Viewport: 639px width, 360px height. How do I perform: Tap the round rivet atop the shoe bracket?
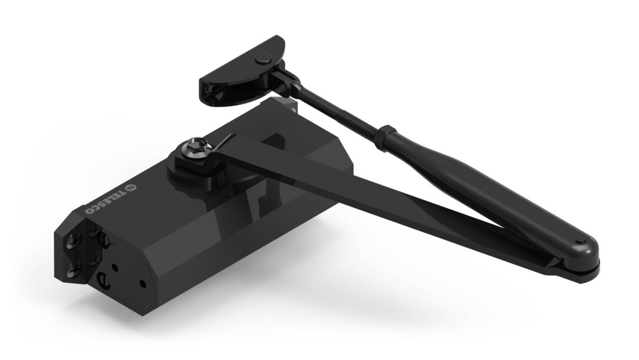point(259,59)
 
